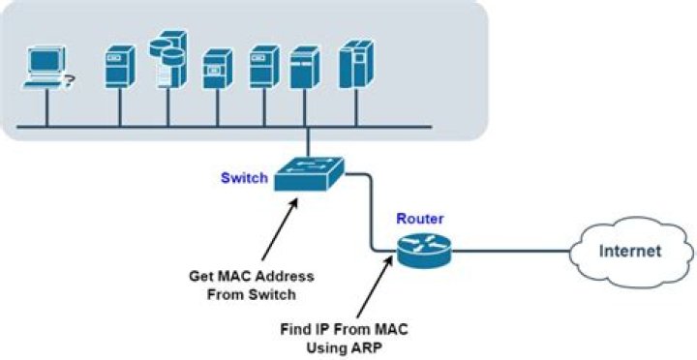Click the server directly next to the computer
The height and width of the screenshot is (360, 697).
(x=118, y=65)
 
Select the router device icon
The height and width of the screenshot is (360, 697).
(x=422, y=251)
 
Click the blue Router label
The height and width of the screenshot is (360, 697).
(x=419, y=218)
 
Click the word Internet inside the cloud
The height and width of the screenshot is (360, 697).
(x=630, y=252)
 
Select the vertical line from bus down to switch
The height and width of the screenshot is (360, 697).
(x=307, y=142)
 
